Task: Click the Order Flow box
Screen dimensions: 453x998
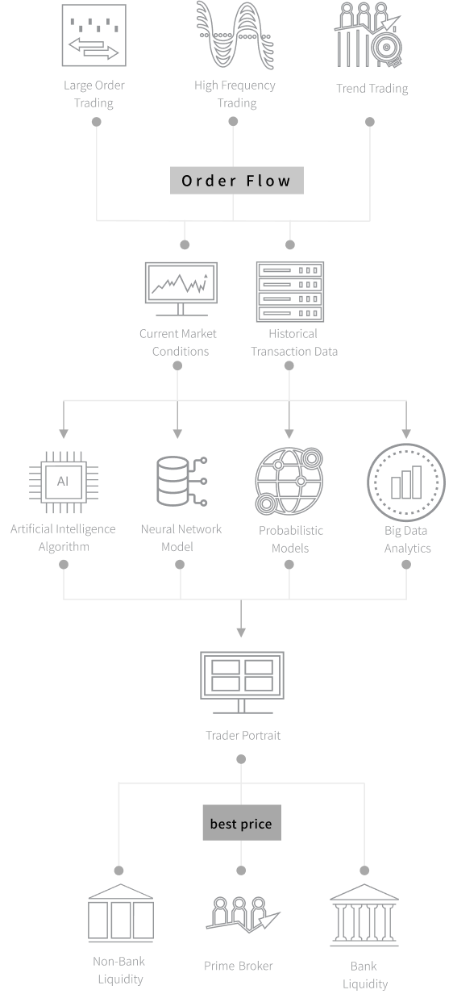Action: tap(237, 181)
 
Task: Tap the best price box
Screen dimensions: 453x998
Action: tap(242, 822)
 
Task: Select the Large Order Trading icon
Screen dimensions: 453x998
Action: tap(94, 35)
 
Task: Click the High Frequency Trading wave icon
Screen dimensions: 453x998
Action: tap(235, 35)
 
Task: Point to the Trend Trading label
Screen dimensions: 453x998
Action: tap(372, 89)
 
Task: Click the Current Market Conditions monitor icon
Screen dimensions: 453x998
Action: tap(181, 289)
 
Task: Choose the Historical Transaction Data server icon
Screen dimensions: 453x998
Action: tap(290, 292)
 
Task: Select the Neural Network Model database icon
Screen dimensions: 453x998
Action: tap(181, 481)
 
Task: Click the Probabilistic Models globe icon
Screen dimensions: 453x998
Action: tap(289, 481)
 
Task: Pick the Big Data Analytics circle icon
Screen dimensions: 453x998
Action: tap(405, 482)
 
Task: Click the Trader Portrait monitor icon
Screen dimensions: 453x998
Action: tap(242, 683)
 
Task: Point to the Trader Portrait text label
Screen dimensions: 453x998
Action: tap(243, 735)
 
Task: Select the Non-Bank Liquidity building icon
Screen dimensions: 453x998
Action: tap(121, 913)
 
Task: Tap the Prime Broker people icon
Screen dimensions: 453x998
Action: tap(243, 915)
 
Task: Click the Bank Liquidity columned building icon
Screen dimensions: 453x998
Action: tap(364, 915)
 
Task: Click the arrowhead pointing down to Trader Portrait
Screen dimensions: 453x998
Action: tap(241, 633)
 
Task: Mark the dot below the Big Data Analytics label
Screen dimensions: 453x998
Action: tap(406, 565)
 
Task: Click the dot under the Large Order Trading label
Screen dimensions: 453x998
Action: tap(96, 122)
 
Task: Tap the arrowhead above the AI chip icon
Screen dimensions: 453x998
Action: tap(64, 434)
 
